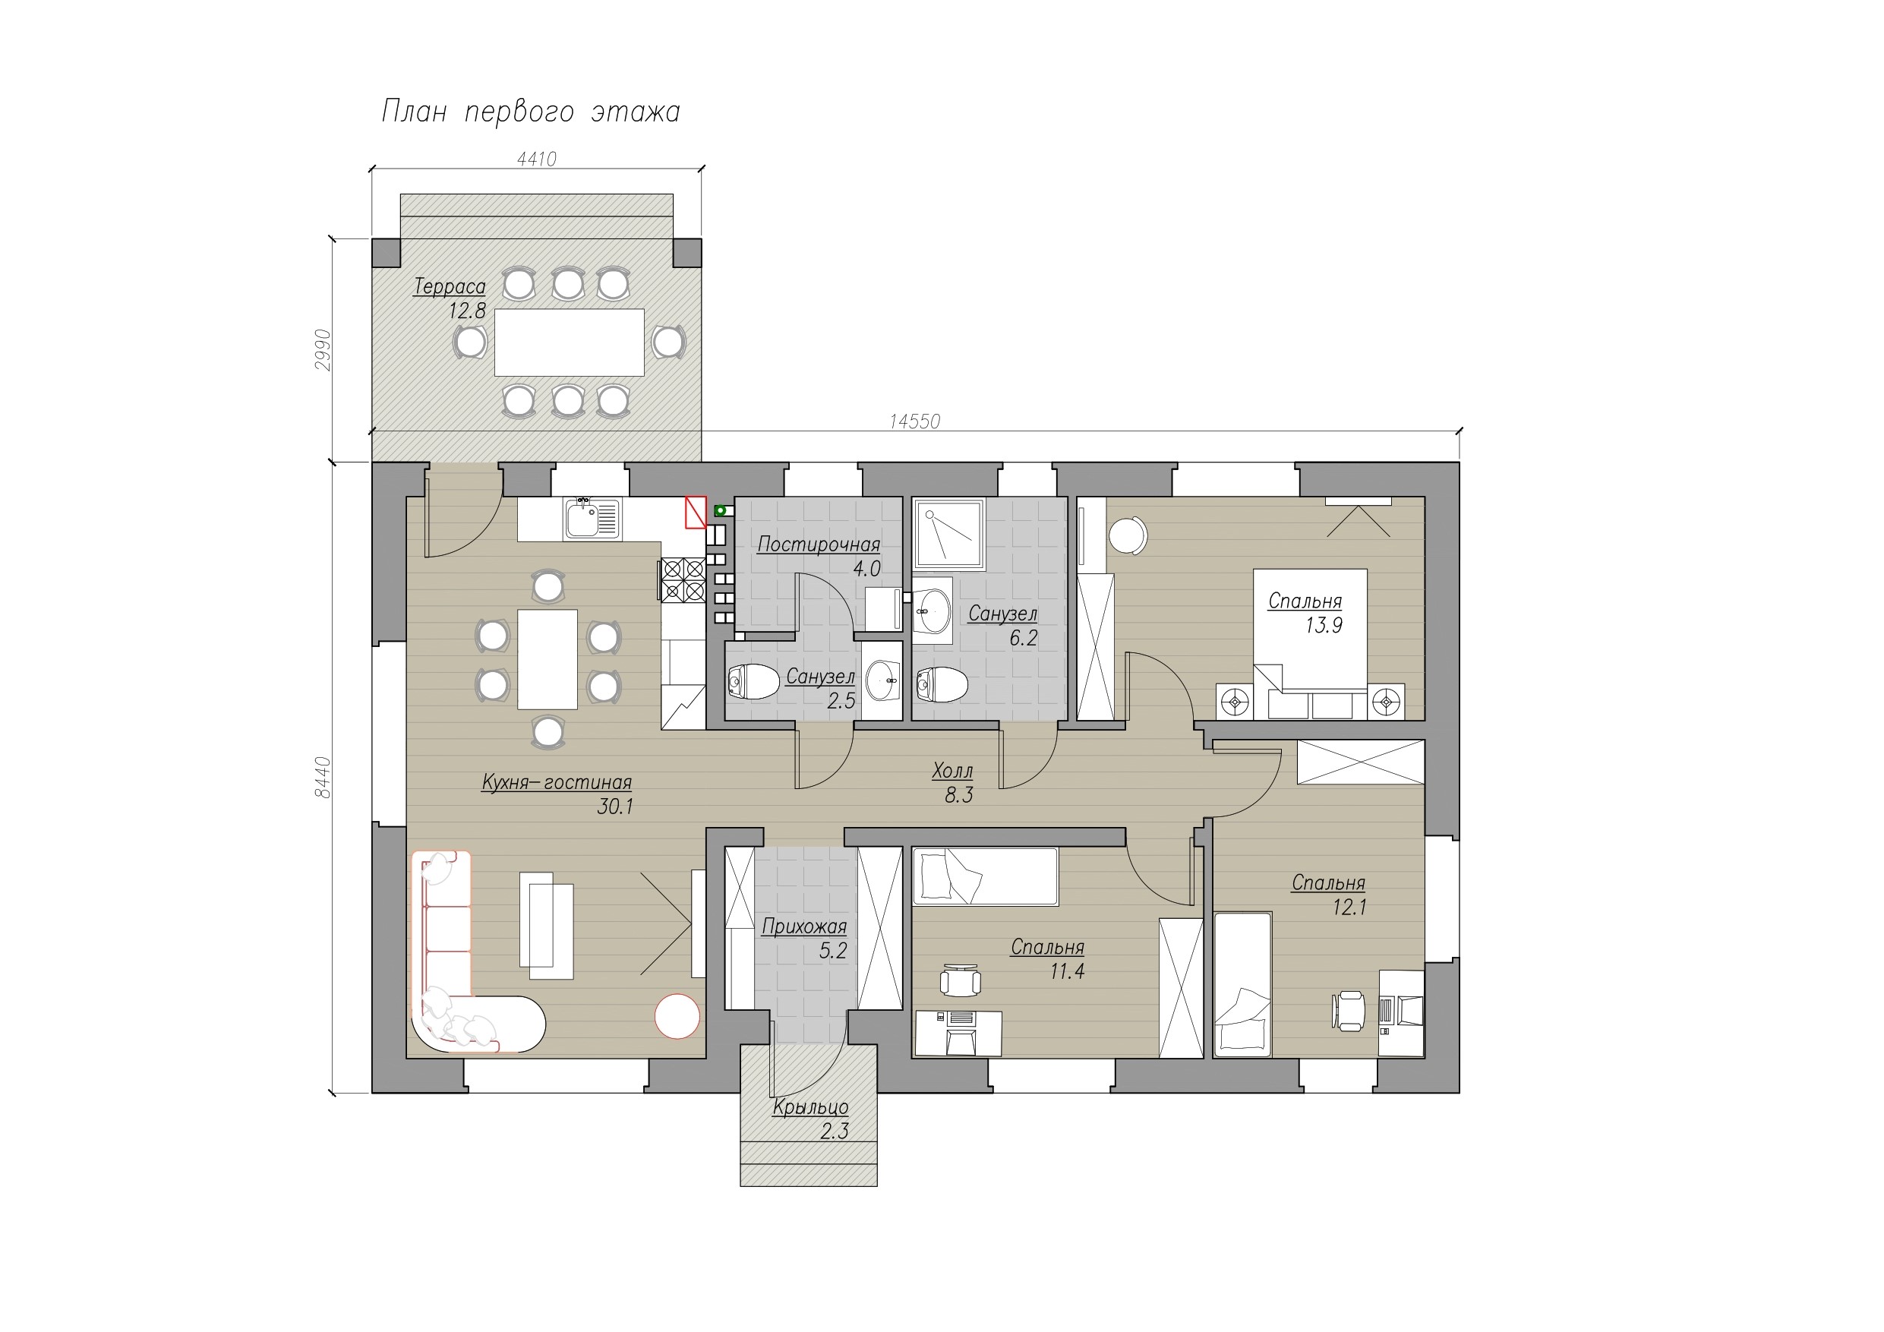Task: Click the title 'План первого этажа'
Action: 531,112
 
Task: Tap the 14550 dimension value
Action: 915,421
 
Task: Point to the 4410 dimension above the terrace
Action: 537,159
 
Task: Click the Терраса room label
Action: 450,286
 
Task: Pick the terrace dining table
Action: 569,342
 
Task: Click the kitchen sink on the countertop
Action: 592,519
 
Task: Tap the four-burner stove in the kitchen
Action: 683,579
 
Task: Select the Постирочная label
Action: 818,544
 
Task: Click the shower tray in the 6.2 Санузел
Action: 948,533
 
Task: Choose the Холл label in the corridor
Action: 953,771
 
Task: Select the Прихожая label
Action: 804,927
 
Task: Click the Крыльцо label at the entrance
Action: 811,1108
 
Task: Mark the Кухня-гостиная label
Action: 557,783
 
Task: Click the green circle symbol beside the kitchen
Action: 721,510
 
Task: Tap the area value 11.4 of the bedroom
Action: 1067,973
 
